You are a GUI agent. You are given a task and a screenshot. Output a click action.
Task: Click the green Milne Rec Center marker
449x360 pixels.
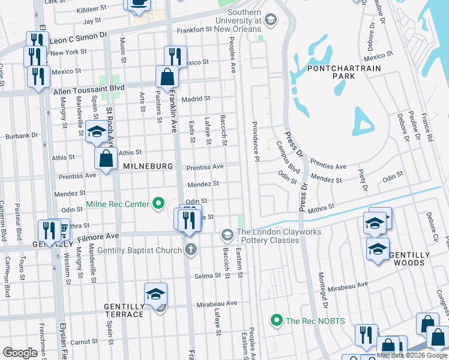158,205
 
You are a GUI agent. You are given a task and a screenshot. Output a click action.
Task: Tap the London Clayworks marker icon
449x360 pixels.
227,233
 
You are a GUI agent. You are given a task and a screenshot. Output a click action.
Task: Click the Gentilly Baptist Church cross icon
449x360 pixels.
191,250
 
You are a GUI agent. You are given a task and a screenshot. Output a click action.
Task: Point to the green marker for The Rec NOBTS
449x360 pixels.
276,321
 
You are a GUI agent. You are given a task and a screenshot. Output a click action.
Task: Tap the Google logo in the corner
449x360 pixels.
20,352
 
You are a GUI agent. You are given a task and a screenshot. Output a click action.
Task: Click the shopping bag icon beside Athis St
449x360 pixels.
106,159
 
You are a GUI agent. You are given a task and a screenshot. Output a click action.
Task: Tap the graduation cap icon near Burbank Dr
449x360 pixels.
96,132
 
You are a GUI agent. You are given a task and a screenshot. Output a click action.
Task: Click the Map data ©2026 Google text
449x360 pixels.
412,355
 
